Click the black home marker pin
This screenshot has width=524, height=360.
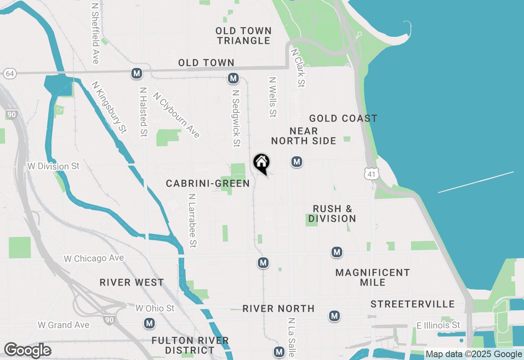click(261, 163)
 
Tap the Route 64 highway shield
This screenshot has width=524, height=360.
click(10, 74)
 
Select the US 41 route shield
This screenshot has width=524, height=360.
click(371, 174)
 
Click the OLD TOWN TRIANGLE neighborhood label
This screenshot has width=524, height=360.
click(244, 36)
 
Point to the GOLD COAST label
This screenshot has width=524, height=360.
click(343, 119)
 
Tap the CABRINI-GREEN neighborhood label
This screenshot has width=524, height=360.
click(208, 184)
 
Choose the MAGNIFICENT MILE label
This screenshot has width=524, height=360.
click(373, 277)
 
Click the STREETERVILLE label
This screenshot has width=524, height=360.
click(413, 304)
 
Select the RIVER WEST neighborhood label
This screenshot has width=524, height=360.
click(132, 283)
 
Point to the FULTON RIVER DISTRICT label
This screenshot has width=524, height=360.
click(190, 345)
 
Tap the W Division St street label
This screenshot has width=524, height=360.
click(53, 166)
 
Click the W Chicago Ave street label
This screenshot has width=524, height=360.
click(94, 259)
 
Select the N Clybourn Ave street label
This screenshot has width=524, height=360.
click(176, 115)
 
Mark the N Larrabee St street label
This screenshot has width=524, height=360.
click(192, 220)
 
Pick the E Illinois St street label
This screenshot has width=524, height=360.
click(438, 325)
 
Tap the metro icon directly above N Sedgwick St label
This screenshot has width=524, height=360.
click(233, 78)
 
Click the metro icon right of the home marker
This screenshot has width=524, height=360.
click(297, 162)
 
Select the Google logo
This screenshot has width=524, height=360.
click(27, 350)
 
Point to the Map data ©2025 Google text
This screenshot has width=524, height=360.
click(474, 354)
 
